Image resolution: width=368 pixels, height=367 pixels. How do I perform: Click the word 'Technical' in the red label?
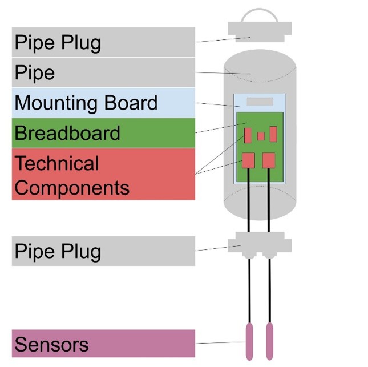(x=56, y=163)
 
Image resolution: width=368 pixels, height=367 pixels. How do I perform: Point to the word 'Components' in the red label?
(x=71, y=187)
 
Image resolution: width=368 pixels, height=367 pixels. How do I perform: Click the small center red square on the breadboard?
(x=261, y=136)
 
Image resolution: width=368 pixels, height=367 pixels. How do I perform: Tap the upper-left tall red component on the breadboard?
(x=248, y=135)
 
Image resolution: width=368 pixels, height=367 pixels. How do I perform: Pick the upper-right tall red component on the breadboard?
(x=273, y=134)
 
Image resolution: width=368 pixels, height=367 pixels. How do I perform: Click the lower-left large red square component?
(x=248, y=160)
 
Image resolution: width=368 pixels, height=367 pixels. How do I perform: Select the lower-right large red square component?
(x=269, y=160)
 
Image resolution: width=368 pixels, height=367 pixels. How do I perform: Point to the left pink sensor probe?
(x=249, y=341)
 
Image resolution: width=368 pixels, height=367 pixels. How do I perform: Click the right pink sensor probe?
(x=269, y=341)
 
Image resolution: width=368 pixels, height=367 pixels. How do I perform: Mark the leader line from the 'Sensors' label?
(x=220, y=343)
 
